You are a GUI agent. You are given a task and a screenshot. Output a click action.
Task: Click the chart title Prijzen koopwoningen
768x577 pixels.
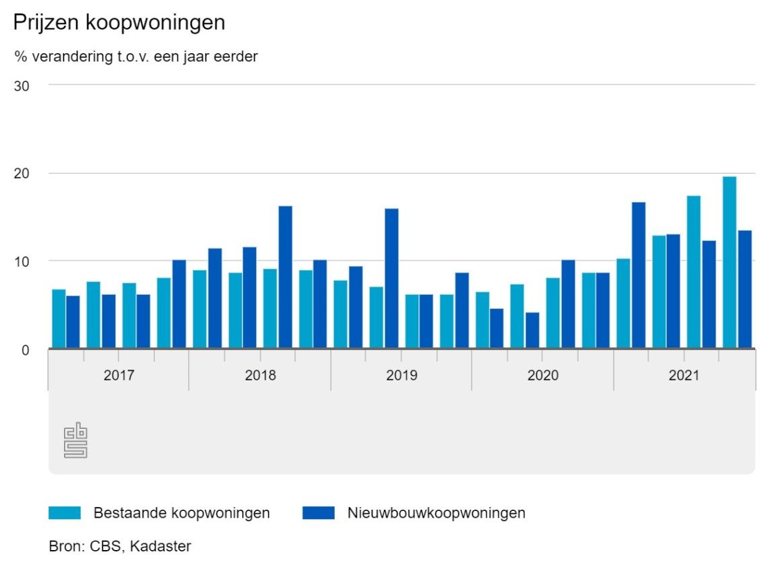coord(119,22)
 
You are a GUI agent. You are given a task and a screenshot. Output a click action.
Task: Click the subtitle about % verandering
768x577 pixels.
coord(135,57)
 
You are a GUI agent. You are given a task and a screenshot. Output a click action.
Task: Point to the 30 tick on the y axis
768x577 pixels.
coord(23,86)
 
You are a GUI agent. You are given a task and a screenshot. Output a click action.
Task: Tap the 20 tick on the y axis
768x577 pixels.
coord(23,174)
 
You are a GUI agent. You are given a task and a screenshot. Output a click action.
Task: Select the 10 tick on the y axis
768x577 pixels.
coord(23,261)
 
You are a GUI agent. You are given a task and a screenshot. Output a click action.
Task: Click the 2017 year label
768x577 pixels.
coord(119,375)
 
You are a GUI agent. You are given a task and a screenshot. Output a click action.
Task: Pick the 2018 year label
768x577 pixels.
coord(260,375)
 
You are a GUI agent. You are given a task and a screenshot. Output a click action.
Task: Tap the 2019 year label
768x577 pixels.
coord(402,375)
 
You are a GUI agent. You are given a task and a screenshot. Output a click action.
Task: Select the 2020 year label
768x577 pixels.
coord(543,375)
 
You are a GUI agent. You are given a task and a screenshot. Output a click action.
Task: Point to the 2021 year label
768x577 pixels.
coord(684,375)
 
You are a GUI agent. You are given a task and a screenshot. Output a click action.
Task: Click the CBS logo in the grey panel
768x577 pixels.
coord(76,440)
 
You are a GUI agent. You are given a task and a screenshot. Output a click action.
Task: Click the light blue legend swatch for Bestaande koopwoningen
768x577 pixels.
coord(65,513)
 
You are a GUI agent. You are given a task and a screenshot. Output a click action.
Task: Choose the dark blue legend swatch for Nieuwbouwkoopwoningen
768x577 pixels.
coord(319,513)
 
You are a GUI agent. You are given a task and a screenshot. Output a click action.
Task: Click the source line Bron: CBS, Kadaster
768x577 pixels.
coord(120,546)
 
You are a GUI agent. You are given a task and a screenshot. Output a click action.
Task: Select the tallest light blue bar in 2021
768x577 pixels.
coord(729,263)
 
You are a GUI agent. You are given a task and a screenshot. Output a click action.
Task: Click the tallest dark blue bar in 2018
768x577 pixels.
coord(285,277)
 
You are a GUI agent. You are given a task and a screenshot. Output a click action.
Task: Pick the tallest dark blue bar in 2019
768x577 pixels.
coord(391,278)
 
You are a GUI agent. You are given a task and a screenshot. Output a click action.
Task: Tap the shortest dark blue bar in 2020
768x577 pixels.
coord(532,330)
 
